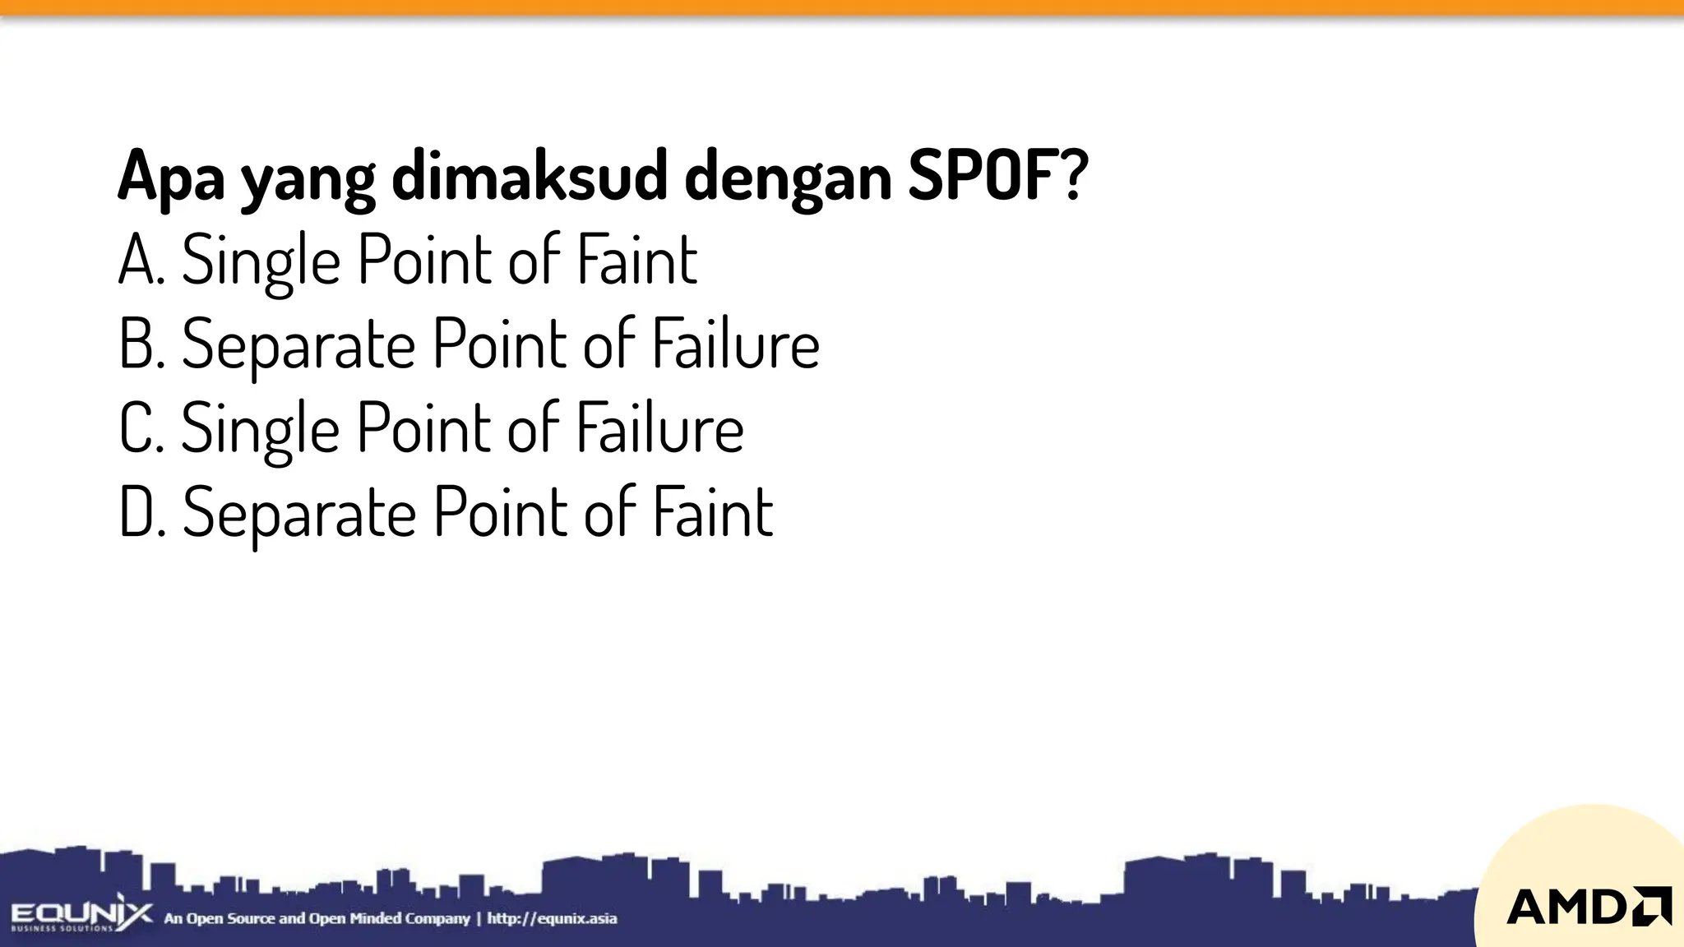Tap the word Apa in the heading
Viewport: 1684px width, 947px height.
click(x=171, y=176)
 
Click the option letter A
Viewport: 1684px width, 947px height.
click(x=137, y=260)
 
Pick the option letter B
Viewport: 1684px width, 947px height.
click(x=137, y=344)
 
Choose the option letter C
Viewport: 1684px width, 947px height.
click(x=137, y=427)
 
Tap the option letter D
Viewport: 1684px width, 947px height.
click(x=137, y=511)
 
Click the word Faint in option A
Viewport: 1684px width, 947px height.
click(x=637, y=260)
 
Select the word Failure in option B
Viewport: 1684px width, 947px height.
click(x=736, y=344)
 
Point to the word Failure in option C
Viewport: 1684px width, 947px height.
click(x=659, y=427)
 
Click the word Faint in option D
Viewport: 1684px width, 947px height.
click(x=713, y=511)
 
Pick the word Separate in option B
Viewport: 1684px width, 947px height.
click(x=298, y=345)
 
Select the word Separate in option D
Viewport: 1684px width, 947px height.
click(x=299, y=513)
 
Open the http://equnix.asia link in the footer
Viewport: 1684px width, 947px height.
click(x=552, y=918)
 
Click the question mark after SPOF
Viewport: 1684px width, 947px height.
click(x=1073, y=176)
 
